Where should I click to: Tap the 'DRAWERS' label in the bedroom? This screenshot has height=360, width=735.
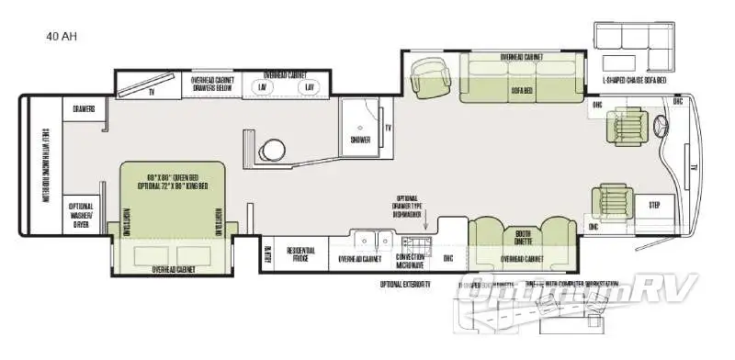(x=85, y=109)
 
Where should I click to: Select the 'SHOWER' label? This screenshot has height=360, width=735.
(x=359, y=140)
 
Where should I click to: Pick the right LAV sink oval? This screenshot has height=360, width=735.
(x=312, y=87)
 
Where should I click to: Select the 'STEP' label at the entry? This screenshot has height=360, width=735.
(x=654, y=205)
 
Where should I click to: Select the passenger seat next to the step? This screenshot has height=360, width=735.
(x=612, y=201)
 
